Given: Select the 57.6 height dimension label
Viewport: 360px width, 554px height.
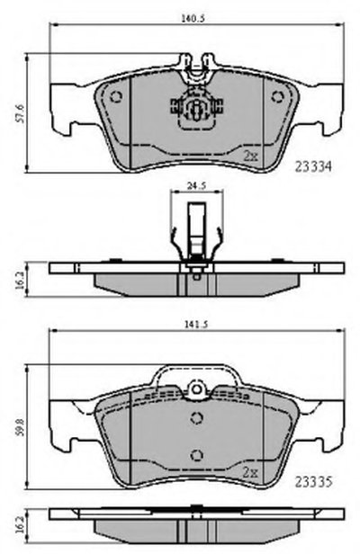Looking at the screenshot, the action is pyautogui.click(x=20, y=113).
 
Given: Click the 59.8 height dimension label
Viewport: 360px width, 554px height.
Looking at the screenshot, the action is pyautogui.click(x=20, y=427).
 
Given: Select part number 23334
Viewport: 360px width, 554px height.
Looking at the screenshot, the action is pyautogui.click(x=314, y=166).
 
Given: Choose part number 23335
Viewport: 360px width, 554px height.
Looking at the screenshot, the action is pyautogui.click(x=314, y=481).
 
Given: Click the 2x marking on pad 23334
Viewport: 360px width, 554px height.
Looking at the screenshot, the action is pyautogui.click(x=251, y=156).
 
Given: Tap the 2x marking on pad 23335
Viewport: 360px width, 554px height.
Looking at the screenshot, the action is pyautogui.click(x=251, y=472).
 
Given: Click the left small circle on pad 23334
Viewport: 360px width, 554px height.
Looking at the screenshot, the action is pyautogui.click(x=116, y=97).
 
